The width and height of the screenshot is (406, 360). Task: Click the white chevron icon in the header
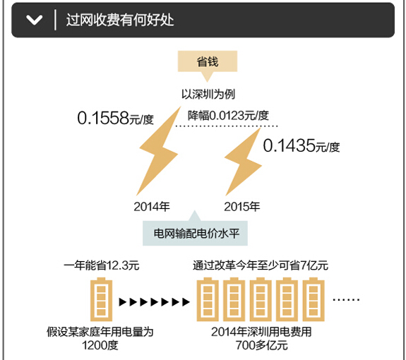pyautogui.click(x=34, y=20)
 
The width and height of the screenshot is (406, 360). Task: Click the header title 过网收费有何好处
pyautogui.click(x=120, y=20)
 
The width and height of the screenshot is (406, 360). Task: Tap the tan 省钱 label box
pyautogui.click(x=208, y=61)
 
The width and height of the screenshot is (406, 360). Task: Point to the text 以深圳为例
pyautogui.click(x=208, y=94)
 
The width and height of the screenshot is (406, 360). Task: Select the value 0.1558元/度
pyautogui.click(x=116, y=118)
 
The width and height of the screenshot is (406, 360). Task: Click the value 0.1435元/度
pyautogui.click(x=301, y=145)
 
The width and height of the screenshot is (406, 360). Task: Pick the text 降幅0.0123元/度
pyautogui.click(x=228, y=116)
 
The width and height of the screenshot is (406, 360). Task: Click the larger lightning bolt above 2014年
pyautogui.click(x=158, y=150)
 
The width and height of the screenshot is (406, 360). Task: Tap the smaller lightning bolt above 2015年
pyautogui.click(x=244, y=162)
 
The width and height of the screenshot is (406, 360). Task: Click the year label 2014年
pyautogui.click(x=152, y=207)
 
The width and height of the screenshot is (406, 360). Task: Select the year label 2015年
pyautogui.click(x=242, y=207)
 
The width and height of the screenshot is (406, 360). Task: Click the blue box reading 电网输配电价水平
pyautogui.click(x=195, y=233)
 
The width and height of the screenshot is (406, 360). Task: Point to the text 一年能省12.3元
pyautogui.click(x=101, y=265)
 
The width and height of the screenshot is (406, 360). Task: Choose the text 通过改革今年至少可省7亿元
pyautogui.click(x=261, y=265)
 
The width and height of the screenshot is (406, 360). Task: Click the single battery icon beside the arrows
pyautogui.click(x=101, y=299)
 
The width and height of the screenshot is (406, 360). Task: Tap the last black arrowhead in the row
pyautogui.click(x=186, y=302)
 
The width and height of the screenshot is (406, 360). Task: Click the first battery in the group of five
pyautogui.click(x=208, y=299)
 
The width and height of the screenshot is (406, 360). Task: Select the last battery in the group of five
pyautogui.click(x=314, y=299)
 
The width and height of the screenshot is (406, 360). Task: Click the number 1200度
pyautogui.click(x=100, y=345)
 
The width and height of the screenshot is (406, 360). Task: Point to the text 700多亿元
pyautogui.click(x=261, y=345)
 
